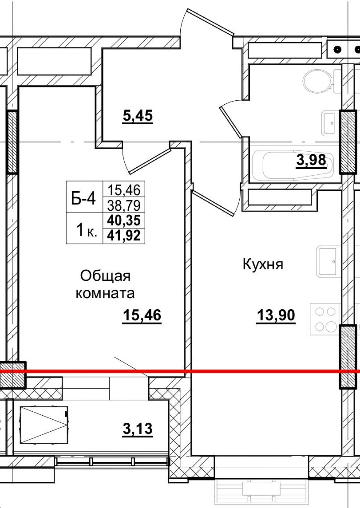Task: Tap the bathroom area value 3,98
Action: tap(311, 160)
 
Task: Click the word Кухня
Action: tap(263, 265)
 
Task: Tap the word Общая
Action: tap(105, 276)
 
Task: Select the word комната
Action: tap(105, 293)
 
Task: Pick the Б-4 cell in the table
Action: tap(84, 199)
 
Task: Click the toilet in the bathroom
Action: tap(319, 81)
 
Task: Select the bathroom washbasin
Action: tap(329, 122)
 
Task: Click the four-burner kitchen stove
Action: tap(326, 319)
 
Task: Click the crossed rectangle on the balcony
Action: tap(43, 425)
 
